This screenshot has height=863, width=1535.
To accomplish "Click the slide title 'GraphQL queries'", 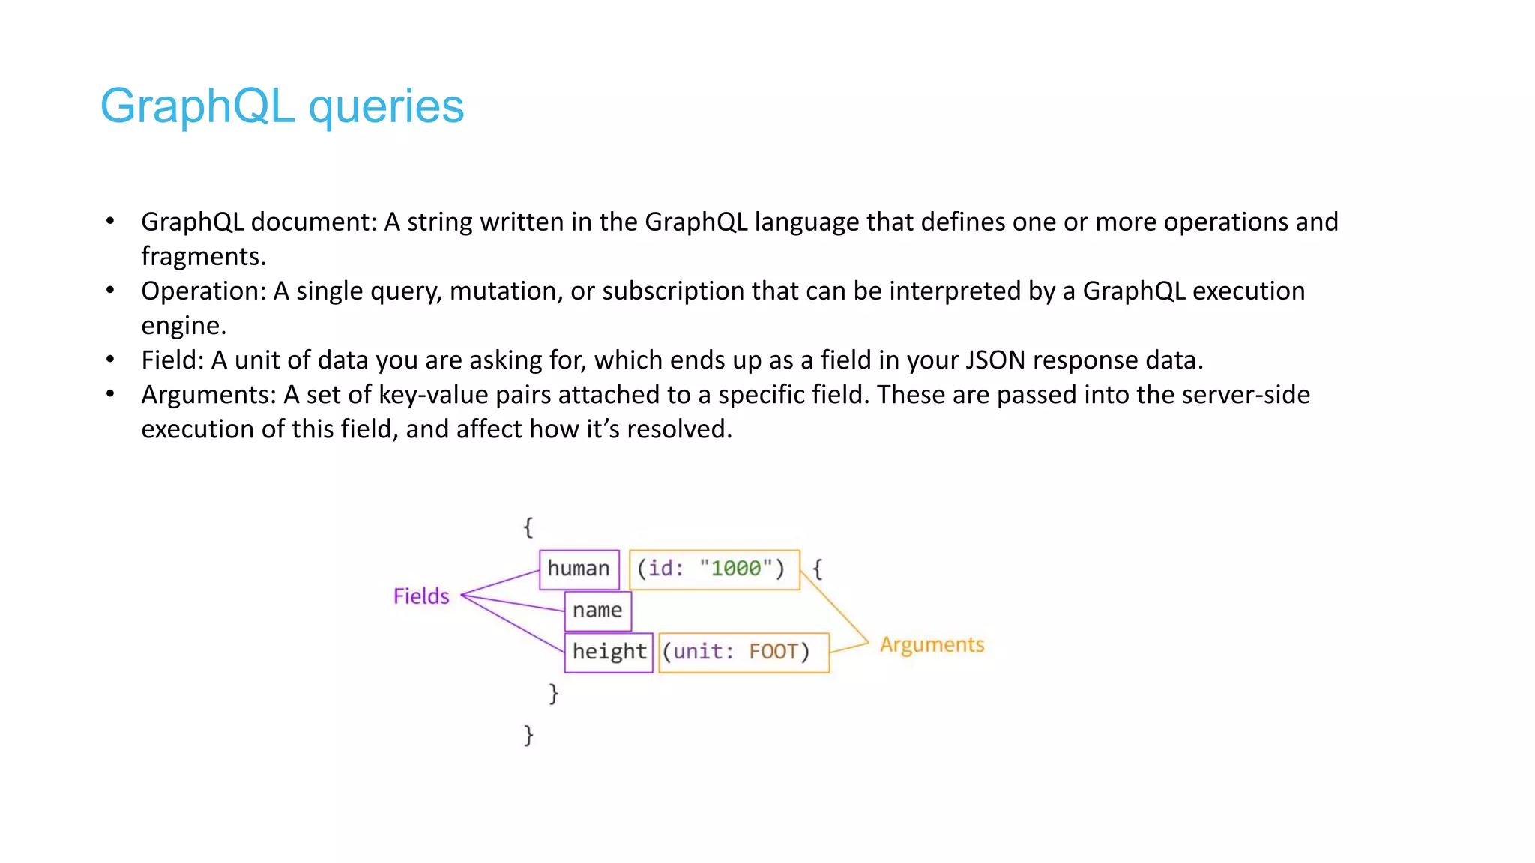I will [282, 106].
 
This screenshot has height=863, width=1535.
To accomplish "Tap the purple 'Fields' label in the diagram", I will [421, 596].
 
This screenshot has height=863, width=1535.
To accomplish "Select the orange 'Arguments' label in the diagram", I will [932, 645].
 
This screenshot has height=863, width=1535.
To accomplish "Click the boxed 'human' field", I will [579, 569].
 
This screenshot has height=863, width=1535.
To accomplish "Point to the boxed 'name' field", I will [597, 611].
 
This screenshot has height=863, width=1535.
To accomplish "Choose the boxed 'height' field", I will [609, 652].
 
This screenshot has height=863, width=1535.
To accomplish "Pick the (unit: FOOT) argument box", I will [742, 652].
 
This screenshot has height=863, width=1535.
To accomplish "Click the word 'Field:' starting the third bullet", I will [172, 360].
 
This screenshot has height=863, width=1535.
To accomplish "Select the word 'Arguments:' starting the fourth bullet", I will [209, 394].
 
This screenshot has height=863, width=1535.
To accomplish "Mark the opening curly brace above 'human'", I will [528, 527].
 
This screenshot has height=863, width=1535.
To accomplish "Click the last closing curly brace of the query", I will [528, 735].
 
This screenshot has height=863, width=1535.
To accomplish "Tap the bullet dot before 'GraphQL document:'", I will [110, 221].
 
